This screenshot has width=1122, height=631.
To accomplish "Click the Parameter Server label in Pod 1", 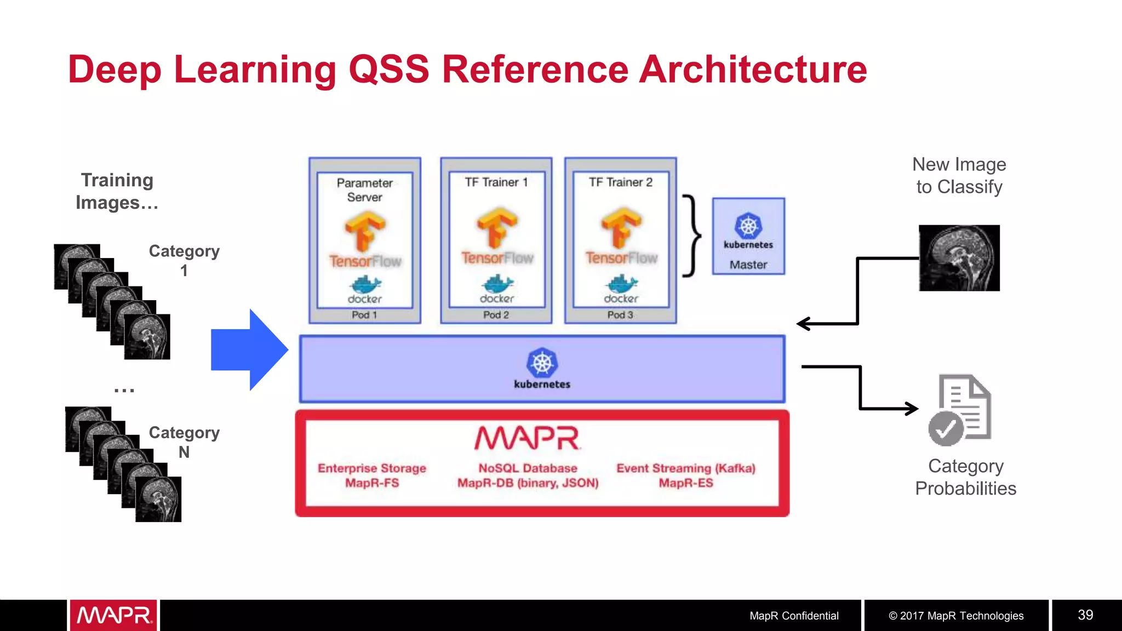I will [364, 190].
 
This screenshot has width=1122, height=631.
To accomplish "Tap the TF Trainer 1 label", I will [496, 182].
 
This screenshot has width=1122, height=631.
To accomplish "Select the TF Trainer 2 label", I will [620, 182].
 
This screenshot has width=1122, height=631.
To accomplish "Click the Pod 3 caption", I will [620, 315].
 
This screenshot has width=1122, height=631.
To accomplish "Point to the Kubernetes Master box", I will [748, 237].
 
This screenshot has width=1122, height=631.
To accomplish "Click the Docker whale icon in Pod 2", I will [497, 284].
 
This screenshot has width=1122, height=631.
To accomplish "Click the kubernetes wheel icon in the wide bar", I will [542, 363].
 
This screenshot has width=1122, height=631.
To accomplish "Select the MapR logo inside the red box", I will [527, 438].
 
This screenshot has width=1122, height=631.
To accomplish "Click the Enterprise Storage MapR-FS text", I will [372, 475].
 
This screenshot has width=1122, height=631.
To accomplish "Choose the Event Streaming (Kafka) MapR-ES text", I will [685, 475].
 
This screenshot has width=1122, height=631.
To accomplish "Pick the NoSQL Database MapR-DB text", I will [528, 475].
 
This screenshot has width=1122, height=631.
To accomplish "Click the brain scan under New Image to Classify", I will [959, 258].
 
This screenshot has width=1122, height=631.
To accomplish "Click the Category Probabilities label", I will [965, 477].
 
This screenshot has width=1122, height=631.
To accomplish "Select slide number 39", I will [1085, 615].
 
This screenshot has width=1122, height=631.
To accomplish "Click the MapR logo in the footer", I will [113, 615].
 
